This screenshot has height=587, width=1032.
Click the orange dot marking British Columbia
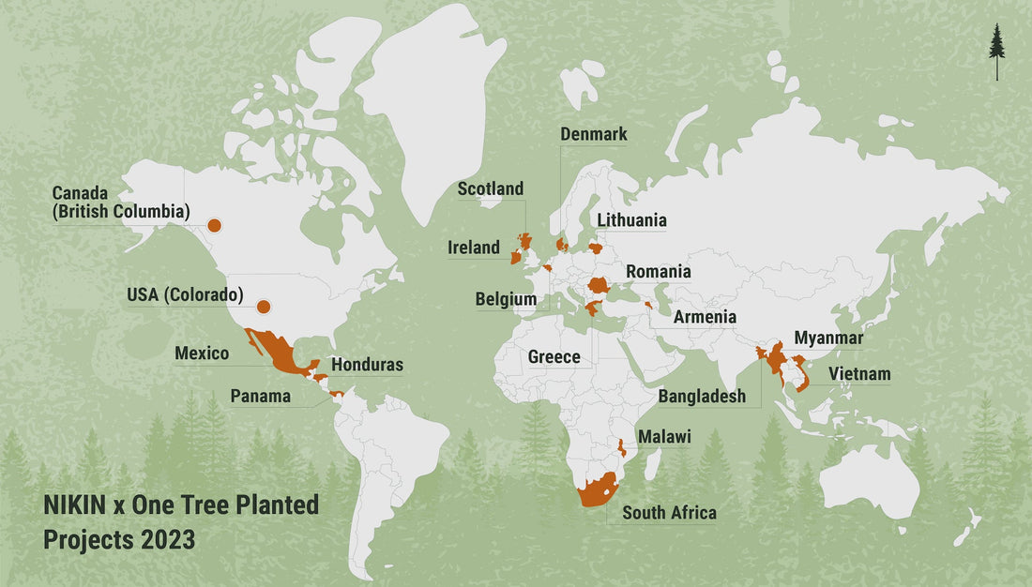[x=214, y=225]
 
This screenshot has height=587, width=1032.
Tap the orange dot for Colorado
[x=264, y=307]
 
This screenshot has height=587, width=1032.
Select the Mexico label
[x=202, y=354]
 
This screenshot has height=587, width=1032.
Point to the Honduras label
[x=368, y=365]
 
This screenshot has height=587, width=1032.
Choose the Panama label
[x=261, y=396]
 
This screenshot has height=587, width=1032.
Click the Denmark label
[x=594, y=134]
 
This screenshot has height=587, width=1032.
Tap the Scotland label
[x=491, y=189]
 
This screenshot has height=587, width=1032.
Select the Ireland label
[x=473, y=248]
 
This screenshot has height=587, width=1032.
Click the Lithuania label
[x=632, y=220]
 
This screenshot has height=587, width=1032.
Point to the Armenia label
[x=705, y=317]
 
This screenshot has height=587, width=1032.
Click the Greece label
[x=554, y=357]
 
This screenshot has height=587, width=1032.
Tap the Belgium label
[x=507, y=300]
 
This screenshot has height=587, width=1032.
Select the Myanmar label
[x=828, y=338]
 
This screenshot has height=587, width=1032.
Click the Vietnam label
[x=859, y=375]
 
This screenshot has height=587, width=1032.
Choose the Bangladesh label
[x=702, y=397]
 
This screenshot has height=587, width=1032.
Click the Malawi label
[x=664, y=437]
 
